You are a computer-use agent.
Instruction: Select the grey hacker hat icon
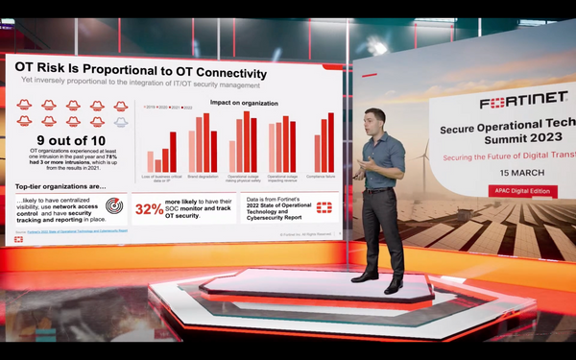120,123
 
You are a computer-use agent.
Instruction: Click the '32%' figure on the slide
149,209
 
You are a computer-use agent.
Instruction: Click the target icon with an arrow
113,206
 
